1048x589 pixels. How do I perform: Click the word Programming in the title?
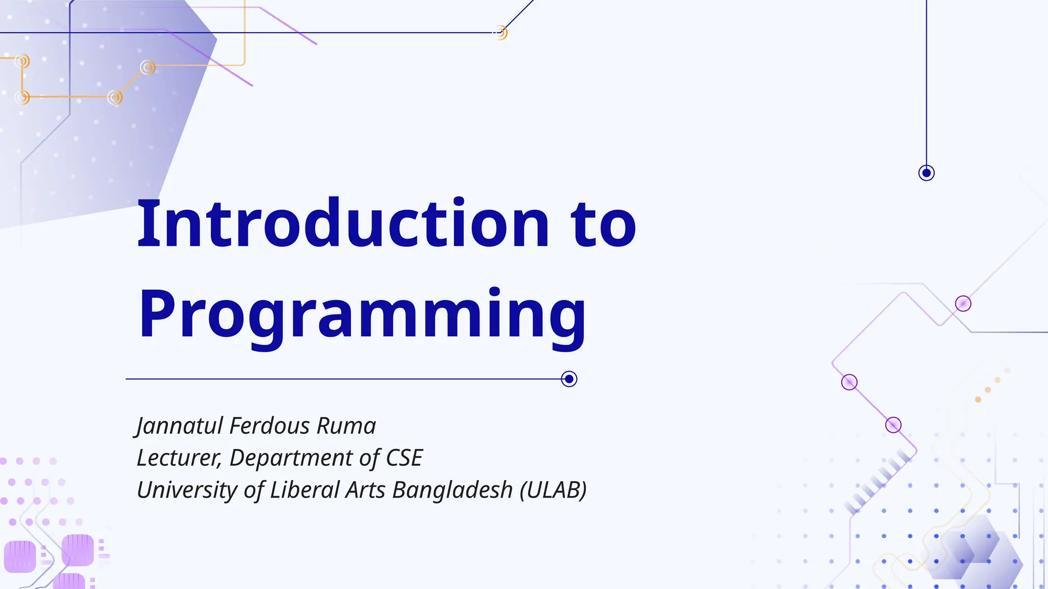click(x=362, y=314)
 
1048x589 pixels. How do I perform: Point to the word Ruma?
click(x=346, y=426)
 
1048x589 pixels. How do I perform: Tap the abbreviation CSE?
click(x=404, y=458)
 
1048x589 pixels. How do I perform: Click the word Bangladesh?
click(x=452, y=490)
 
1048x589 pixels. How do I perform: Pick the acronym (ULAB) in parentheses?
click(x=553, y=490)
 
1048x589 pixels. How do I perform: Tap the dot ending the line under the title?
click(x=569, y=379)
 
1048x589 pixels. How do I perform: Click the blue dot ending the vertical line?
click(x=926, y=173)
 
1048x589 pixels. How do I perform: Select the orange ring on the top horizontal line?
click(x=501, y=33)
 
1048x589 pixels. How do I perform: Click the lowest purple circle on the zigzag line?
click(x=893, y=425)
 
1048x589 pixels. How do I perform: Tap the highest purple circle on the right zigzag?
click(x=963, y=304)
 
